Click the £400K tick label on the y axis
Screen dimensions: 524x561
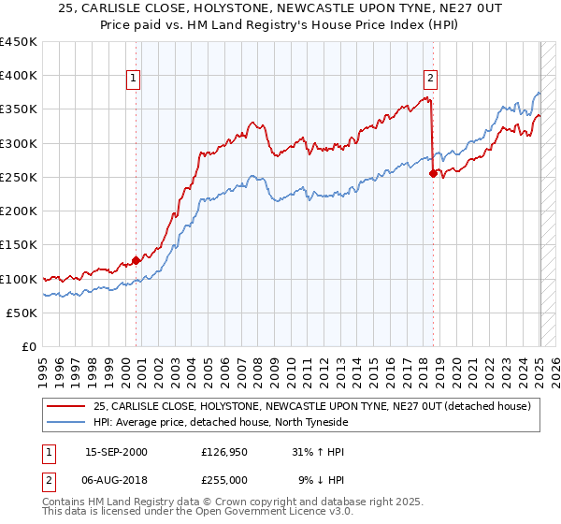point(19,76)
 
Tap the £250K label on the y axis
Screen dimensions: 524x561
point(19,177)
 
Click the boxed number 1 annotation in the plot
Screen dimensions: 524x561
point(136,79)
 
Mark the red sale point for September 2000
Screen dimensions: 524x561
point(136,260)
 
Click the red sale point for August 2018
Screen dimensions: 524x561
point(433,173)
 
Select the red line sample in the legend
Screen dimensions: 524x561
point(65,405)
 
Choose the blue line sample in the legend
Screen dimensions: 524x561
point(65,422)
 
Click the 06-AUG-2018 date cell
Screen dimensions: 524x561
point(116,480)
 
